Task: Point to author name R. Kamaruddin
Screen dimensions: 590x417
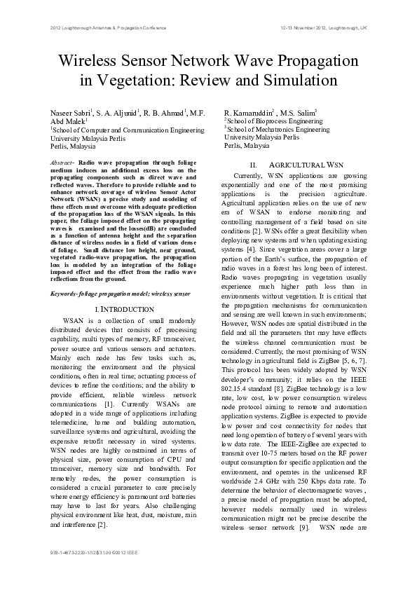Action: [x=249, y=112]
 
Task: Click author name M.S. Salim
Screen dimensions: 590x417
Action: [x=299, y=112]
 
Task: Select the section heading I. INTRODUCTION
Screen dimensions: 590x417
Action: [x=124, y=309]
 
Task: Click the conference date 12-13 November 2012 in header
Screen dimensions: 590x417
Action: [x=312, y=28]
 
